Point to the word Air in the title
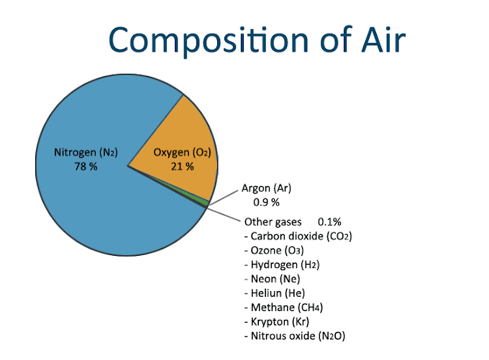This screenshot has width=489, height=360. click(x=379, y=40)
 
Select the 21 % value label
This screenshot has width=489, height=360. click(x=181, y=167)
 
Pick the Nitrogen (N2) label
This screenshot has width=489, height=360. click(x=86, y=152)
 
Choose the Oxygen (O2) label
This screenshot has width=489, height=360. click(x=181, y=152)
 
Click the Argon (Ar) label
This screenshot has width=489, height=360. click(x=266, y=189)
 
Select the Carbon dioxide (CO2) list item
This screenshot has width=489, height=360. click(x=298, y=235)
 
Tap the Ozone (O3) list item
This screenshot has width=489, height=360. click(x=274, y=249)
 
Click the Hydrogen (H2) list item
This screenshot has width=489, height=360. click(x=281, y=264)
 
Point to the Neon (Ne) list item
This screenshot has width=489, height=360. click(x=272, y=278)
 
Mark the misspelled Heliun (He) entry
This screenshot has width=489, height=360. click(x=275, y=292)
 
